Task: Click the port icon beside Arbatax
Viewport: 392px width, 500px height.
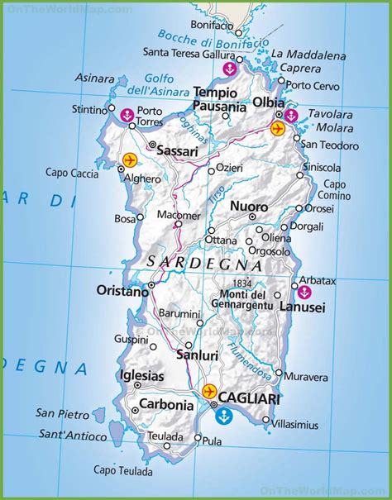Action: coord(304,292)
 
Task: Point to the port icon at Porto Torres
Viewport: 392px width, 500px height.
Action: coord(127,115)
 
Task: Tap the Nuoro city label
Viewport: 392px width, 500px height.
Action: coord(248,206)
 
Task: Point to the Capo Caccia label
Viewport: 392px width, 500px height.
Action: coord(69,173)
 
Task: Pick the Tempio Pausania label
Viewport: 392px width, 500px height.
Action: coord(220,99)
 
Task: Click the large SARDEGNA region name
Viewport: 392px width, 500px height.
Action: coord(203,264)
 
